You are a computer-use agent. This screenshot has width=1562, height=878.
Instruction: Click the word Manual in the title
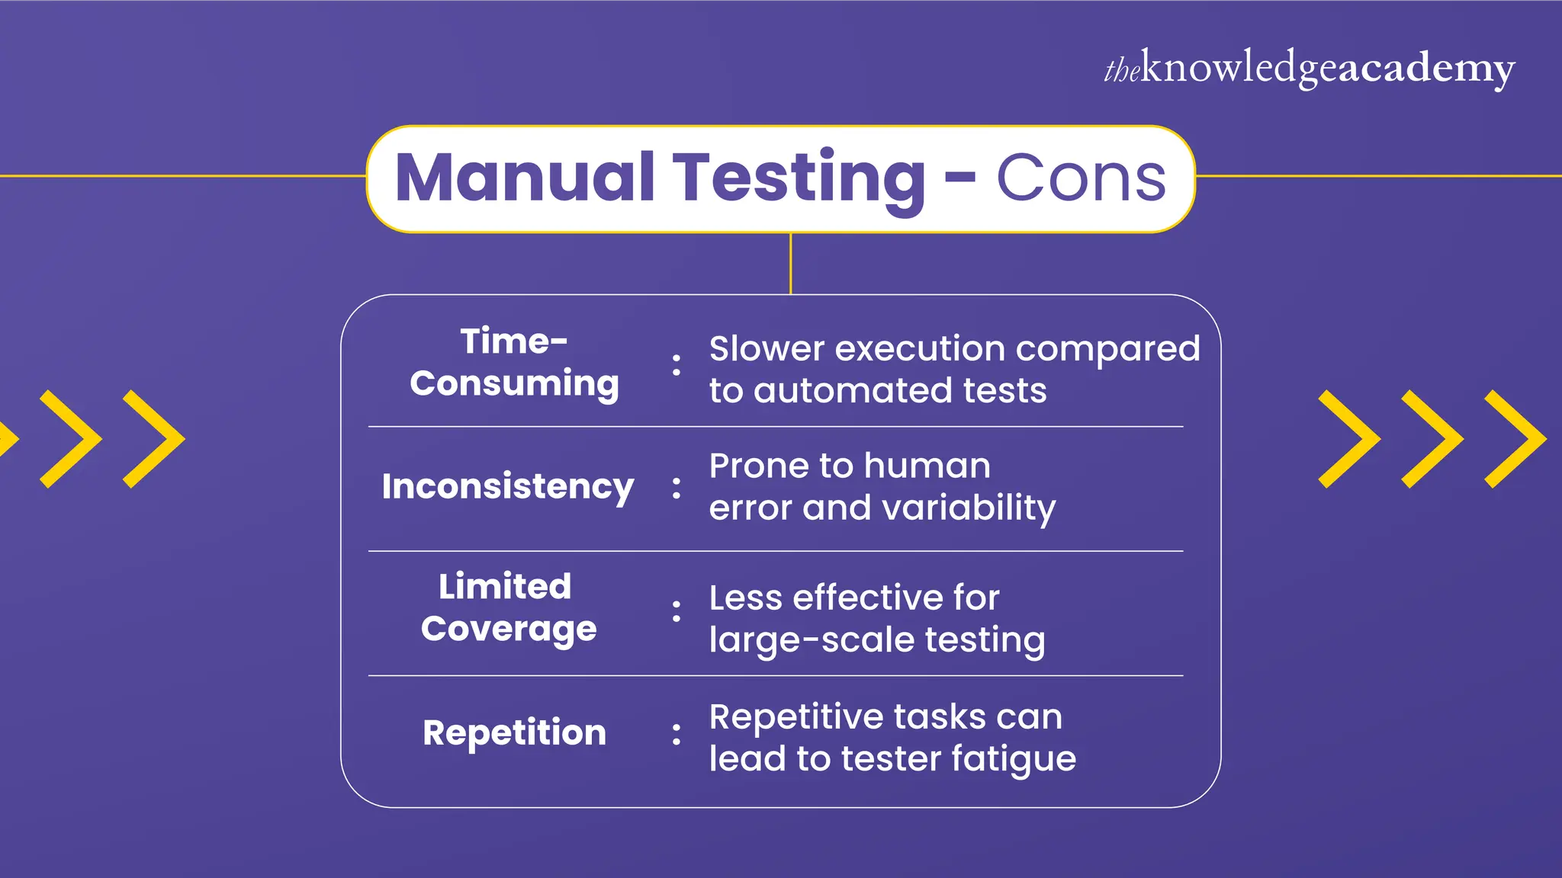pos(525,178)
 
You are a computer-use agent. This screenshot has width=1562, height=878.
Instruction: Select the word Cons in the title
pos(1081,178)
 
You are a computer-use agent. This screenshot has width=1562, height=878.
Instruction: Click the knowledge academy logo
pos(1309,69)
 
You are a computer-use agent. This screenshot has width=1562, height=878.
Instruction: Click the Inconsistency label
pos(508,486)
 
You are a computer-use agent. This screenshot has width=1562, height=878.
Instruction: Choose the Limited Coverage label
pos(508,607)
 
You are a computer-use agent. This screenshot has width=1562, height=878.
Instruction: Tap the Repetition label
pos(514,732)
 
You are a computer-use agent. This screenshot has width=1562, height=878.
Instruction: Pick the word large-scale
pos(812,640)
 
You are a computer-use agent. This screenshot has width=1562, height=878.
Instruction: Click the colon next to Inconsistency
pos(677,488)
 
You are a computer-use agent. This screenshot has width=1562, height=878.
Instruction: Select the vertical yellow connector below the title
pos(791,264)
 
